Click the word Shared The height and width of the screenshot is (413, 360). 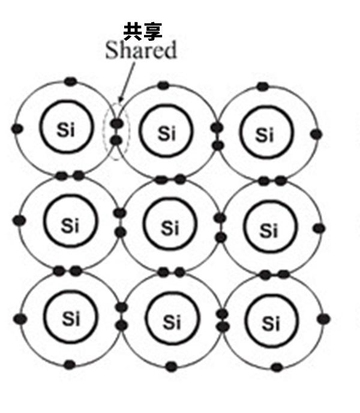[141, 50]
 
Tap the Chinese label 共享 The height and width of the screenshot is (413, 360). [142, 31]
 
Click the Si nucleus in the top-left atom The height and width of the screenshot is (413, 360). [66, 130]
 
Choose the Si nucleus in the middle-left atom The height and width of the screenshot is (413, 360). [70, 226]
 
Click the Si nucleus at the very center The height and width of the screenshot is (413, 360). [170, 228]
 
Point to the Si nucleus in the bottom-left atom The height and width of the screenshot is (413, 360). [71, 319]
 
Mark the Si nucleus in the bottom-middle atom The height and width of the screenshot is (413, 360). [172, 322]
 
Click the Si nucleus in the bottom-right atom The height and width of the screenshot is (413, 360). [271, 324]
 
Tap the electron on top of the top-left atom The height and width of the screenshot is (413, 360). [71, 80]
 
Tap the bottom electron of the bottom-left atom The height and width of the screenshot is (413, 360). [70, 364]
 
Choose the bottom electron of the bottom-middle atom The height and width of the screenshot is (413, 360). [172, 366]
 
